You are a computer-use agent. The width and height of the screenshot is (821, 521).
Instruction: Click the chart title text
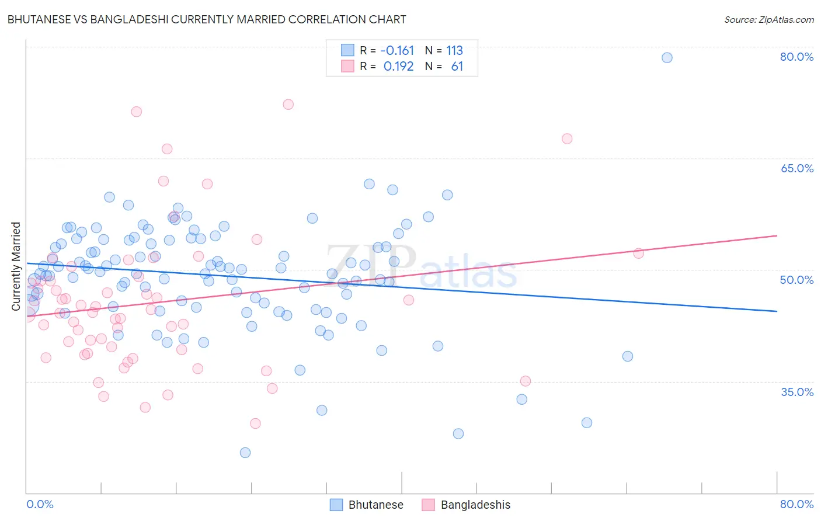tap(207, 19)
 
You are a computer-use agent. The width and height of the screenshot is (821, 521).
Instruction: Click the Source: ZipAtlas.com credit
tap(768, 19)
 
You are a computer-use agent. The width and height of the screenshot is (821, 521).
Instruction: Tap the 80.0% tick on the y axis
tap(796, 57)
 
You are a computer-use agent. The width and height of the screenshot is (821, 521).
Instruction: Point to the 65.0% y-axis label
tap(796, 168)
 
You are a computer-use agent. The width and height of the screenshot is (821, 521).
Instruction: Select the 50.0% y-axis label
tap(796, 280)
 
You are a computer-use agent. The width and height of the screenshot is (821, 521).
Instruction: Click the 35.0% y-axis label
tap(796, 392)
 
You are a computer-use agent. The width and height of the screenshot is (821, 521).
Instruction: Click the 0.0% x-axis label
tap(40, 504)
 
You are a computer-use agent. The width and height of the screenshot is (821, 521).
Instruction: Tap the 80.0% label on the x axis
tap(796, 504)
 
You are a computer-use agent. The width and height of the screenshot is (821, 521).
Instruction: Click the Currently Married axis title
tap(16, 266)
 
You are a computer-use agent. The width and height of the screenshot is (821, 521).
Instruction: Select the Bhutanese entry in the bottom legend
tap(375, 505)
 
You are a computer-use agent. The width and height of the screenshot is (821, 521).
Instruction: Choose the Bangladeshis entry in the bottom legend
tap(475, 505)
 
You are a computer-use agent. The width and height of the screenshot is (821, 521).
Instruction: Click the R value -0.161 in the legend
tap(397, 50)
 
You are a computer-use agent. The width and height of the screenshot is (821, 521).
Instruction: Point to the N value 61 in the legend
tap(457, 67)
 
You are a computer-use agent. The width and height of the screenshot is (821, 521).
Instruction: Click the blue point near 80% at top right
tap(667, 57)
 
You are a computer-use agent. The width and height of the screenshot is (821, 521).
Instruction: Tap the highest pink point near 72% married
tap(288, 105)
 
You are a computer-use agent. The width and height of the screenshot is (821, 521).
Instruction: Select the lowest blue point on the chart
tap(245, 453)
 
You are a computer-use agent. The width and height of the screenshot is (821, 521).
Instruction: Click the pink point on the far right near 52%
tap(638, 253)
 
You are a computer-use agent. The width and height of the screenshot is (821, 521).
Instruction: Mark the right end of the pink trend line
tap(777, 235)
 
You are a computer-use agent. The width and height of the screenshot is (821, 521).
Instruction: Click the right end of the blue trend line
tap(777, 311)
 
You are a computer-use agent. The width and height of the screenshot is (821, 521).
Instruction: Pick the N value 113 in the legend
tap(454, 50)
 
